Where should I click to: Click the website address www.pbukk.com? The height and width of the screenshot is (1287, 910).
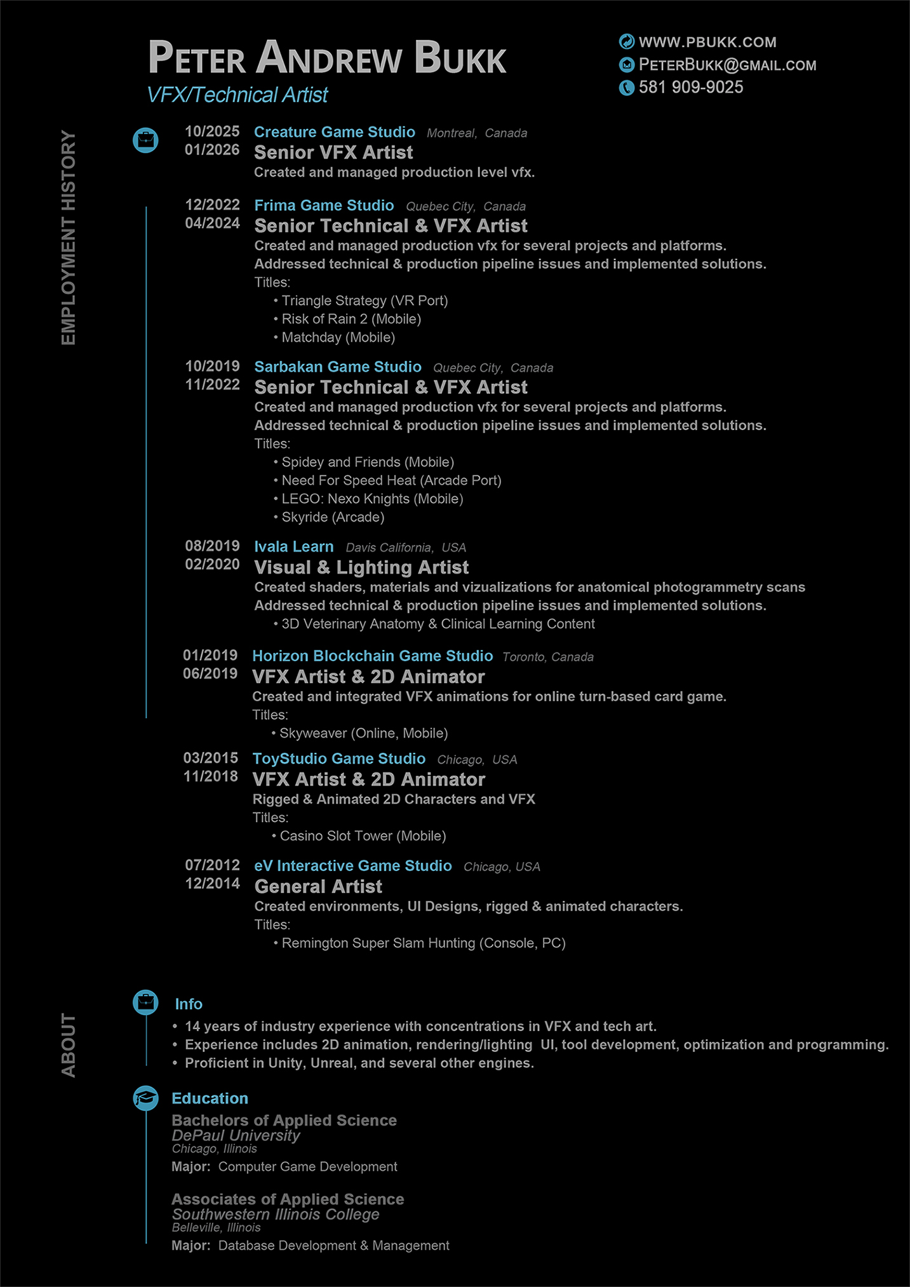click(x=707, y=43)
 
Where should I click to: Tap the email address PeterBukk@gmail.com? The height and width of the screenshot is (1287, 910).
click(x=727, y=65)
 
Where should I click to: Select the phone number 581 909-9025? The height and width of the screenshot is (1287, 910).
click(x=691, y=88)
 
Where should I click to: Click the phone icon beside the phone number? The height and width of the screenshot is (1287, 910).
click(x=627, y=88)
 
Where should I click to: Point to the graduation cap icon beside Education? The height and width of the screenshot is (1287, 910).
click(x=145, y=1098)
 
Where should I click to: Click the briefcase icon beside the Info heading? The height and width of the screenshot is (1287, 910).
click(x=145, y=1002)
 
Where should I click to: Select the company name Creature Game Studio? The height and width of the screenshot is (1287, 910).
click(x=334, y=132)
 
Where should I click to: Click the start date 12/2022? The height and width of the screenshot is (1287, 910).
click(x=212, y=205)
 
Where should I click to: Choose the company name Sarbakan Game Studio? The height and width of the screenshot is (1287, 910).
click(x=337, y=367)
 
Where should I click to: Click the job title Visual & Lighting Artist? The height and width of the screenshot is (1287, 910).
click(x=361, y=567)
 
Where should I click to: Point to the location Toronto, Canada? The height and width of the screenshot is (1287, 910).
click(x=547, y=657)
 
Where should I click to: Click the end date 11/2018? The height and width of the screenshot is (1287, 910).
click(x=210, y=776)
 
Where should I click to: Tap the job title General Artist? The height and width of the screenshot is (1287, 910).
click(x=318, y=886)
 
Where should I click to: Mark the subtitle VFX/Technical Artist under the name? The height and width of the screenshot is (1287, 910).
click(x=237, y=95)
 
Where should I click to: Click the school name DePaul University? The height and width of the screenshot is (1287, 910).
click(x=236, y=1135)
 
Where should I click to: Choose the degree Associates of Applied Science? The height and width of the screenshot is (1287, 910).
click(x=288, y=1199)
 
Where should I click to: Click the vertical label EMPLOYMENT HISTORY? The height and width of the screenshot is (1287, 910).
click(x=69, y=238)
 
